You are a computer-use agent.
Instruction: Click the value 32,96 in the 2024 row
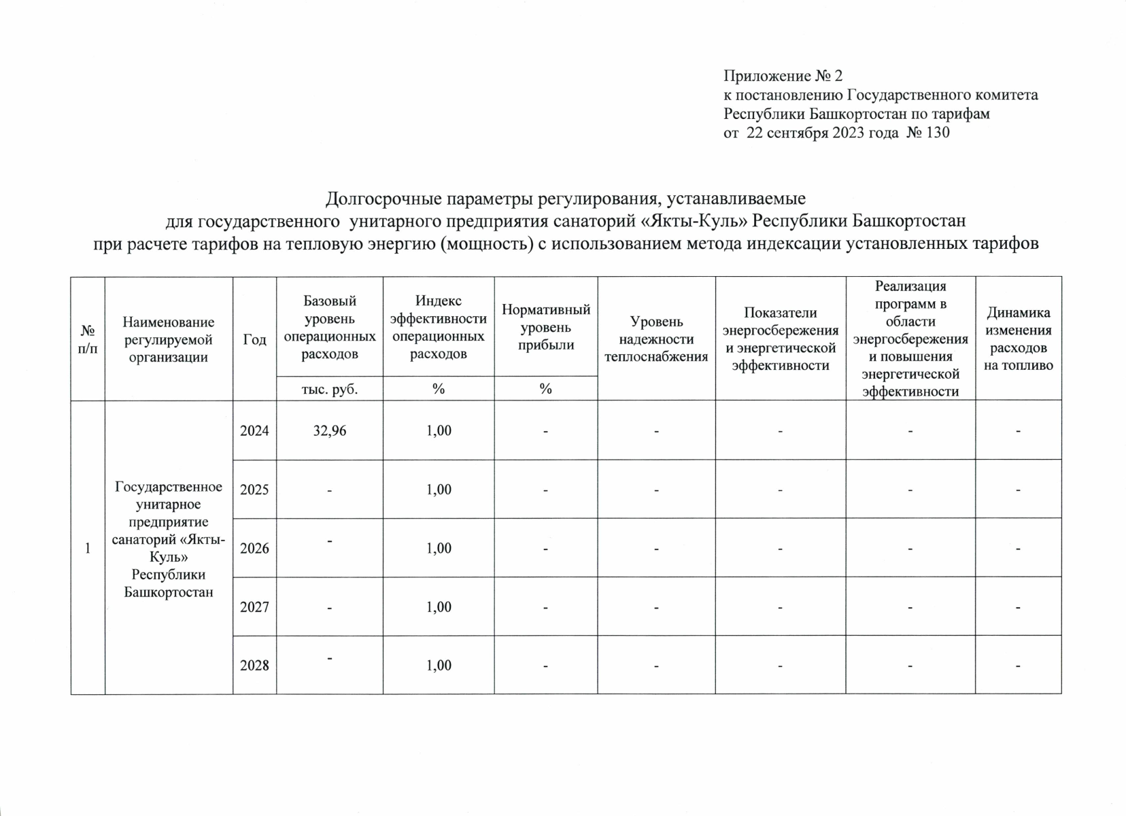tap(329, 430)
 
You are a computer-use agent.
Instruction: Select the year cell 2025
tap(254, 490)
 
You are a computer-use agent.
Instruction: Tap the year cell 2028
tap(254, 665)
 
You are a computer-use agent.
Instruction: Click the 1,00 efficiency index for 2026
tap(439, 548)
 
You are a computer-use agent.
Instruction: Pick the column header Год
tap(254, 339)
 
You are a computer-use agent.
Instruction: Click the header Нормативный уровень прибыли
tap(545, 327)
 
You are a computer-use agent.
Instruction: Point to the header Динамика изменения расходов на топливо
tap(1018, 339)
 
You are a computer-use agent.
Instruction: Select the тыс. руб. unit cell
tap(329, 389)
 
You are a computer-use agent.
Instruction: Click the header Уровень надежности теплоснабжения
tap(656, 339)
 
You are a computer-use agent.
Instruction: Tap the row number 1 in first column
tap(88, 548)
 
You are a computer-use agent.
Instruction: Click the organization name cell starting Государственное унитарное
tap(169, 539)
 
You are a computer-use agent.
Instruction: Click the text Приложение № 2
tap(783, 75)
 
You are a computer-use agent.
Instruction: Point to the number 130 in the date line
tap(938, 133)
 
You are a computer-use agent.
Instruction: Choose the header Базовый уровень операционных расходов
tap(329, 327)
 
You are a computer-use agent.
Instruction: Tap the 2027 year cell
tap(254, 607)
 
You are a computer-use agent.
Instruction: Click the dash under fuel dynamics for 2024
tap(1018, 430)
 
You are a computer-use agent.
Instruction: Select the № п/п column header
tap(88, 339)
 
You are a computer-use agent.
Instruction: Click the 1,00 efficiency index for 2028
tap(439, 665)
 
